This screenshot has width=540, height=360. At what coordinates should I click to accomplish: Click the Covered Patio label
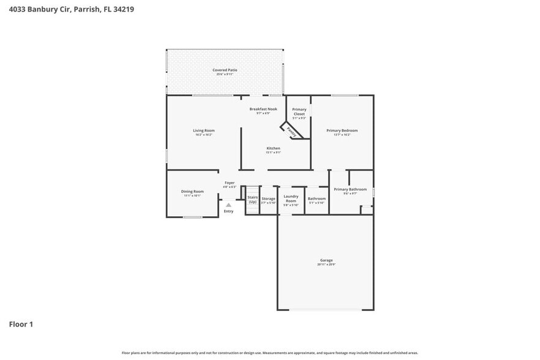coord(225,70)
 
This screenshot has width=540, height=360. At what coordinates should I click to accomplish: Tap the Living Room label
coord(204,130)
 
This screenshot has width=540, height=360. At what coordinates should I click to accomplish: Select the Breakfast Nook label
coord(263,109)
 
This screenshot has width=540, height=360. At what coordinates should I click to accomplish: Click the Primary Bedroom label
coord(342,130)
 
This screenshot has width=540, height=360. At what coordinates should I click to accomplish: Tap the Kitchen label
coord(273,149)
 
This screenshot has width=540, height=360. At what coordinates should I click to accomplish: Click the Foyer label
coord(230,182)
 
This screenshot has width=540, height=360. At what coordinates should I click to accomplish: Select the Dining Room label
coord(192,192)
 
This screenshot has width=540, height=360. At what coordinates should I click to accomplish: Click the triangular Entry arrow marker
coord(228,205)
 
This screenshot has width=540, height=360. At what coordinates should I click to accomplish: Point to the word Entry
coord(228,211)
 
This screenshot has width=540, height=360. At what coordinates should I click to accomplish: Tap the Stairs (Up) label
coord(252,199)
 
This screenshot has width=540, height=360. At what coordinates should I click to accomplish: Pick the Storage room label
coord(268,199)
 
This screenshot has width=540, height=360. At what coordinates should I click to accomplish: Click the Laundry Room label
coord(291,199)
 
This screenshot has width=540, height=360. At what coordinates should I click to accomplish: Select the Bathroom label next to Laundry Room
coord(317,198)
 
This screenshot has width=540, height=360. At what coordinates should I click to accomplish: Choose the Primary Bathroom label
coord(350,190)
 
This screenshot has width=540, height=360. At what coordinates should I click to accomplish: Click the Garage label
coord(326,260)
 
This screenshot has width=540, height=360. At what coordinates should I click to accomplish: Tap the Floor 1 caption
coord(21,324)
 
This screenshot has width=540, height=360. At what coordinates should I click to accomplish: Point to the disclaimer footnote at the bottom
coord(270,353)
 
